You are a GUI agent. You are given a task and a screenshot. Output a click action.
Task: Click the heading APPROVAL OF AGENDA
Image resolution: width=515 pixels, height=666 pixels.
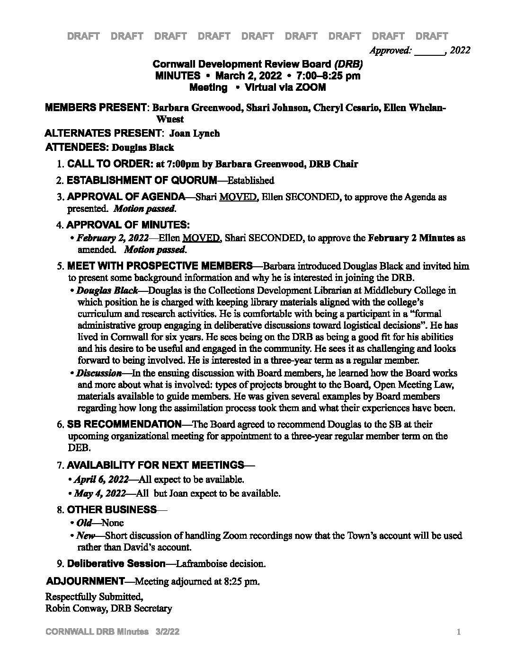click(126, 197)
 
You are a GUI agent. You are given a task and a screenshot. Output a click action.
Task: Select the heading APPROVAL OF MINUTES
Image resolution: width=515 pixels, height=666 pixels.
click(128, 225)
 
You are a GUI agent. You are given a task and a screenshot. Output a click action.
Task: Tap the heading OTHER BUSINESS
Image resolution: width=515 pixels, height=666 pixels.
click(112, 509)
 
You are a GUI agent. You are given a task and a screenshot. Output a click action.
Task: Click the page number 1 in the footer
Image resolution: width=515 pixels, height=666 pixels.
click(459, 632)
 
